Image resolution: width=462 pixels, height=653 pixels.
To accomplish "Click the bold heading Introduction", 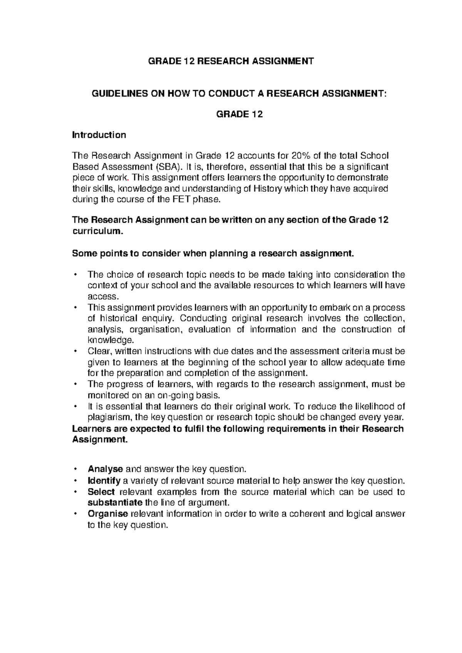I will pos(99,135).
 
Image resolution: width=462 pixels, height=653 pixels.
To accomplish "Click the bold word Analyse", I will pos(105,469).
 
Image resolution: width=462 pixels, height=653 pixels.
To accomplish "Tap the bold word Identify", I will pos(104,481).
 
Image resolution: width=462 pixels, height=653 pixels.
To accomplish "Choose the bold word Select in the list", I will pos(101,492).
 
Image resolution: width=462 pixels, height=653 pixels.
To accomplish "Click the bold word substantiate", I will pos(115,503).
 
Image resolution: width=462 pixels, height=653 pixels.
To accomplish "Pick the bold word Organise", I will pos(108,514).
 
